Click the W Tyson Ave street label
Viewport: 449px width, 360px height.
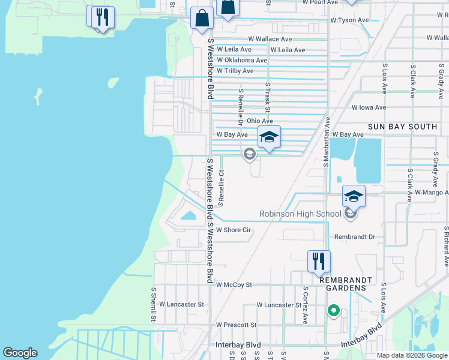349,20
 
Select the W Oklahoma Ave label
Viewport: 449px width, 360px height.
242,61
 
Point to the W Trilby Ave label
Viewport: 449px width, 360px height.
235,71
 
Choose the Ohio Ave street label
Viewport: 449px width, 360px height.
259,121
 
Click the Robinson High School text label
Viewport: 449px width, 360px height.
300,214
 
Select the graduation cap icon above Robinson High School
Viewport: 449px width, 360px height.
354,196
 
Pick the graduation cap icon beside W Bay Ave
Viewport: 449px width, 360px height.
269,137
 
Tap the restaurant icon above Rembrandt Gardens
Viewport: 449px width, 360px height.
319,261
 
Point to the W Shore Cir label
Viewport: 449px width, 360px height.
233,230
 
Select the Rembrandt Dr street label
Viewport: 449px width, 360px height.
355,237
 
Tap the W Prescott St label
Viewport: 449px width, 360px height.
236,325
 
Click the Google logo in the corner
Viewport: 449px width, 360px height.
20,353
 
